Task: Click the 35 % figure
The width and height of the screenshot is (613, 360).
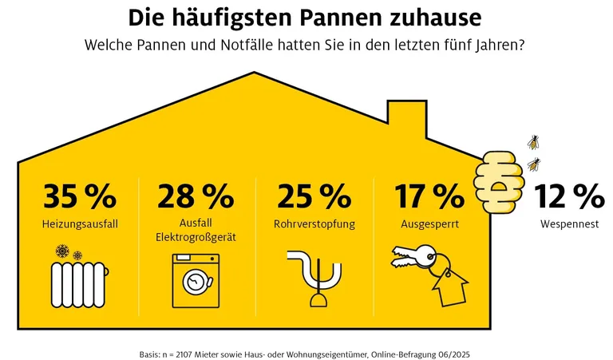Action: coord(80,196)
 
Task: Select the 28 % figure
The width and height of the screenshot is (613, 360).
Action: coord(196,196)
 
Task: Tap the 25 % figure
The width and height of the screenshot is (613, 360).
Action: coord(314,196)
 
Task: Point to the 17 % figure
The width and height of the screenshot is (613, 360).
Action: coord(429,196)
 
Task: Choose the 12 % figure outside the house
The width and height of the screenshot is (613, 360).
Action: coord(569,196)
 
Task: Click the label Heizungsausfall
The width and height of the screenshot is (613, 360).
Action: coord(80,225)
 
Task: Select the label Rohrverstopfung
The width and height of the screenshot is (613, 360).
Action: coord(314,225)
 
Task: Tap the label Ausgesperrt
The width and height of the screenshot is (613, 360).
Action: coord(429,225)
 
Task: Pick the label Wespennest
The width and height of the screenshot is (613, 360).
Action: coord(569,225)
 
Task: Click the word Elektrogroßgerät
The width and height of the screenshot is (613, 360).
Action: coord(196,237)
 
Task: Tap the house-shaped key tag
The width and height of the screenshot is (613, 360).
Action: coord(449,283)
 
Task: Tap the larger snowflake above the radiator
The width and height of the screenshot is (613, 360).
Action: coord(61,252)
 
